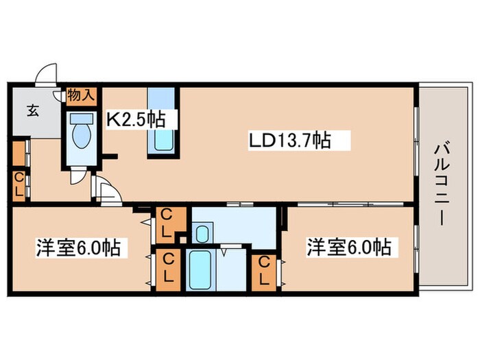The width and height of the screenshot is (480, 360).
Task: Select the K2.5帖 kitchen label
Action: point(134,119)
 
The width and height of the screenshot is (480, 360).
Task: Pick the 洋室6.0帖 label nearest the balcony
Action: point(349,247)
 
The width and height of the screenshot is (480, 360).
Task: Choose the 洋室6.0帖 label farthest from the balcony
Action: point(78,247)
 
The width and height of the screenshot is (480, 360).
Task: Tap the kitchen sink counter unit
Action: point(163,120)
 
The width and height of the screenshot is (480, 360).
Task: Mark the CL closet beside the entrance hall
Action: point(19,184)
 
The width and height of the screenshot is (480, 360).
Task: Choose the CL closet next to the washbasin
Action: point(167,223)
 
